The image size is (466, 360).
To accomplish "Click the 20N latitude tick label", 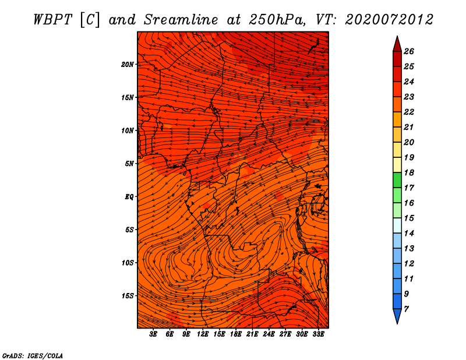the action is pyautogui.click(x=128, y=65).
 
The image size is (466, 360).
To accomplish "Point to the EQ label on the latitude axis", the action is pyautogui.click(x=129, y=197).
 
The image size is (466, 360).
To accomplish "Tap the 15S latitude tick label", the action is pyautogui.click(x=128, y=296).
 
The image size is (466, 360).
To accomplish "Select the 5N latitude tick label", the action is pyautogui.click(x=129, y=164).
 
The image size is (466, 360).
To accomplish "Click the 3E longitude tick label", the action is pyautogui.click(x=153, y=334).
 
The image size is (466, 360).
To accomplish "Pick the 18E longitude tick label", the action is pyautogui.click(x=236, y=334).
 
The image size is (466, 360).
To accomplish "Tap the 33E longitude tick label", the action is pyautogui.click(x=318, y=334).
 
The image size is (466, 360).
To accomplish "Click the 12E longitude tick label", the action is pyautogui.click(x=203, y=334).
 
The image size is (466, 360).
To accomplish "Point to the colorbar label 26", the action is pyautogui.click(x=409, y=51).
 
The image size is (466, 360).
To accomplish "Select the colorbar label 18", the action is pyautogui.click(x=409, y=172).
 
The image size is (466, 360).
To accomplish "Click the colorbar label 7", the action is pyautogui.click(x=406, y=309).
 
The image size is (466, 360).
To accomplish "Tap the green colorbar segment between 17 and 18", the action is pyautogui.click(x=397, y=180).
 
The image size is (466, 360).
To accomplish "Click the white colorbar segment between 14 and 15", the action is pyautogui.click(x=397, y=225).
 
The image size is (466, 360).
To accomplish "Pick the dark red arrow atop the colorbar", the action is pyautogui.click(x=397, y=44).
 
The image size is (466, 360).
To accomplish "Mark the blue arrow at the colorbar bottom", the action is pyautogui.click(x=397, y=316).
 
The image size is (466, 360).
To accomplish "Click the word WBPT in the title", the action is pyautogui.click(x=53, y=20).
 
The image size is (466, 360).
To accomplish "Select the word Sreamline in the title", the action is pyautogui.click(x=181, y=20).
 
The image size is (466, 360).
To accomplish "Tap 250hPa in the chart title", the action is pyautogui.click(x=277, y=20).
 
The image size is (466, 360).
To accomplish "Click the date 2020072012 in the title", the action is pyautogui.click(x=389, y=20).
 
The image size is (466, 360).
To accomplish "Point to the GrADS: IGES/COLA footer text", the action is pyautogui.click(x=33, y=356).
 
